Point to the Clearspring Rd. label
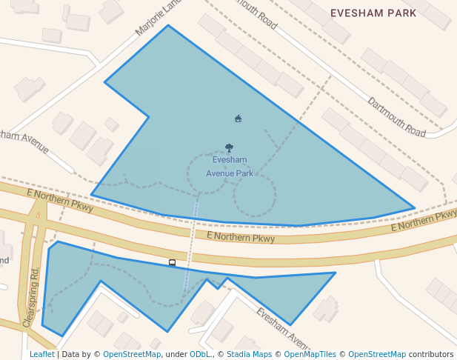[30, 297]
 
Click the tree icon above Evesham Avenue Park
[229, 148]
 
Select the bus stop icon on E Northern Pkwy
[173, 262]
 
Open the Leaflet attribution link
[41, 355]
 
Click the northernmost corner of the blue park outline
[168, 26]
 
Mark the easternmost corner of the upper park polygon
[414, 208]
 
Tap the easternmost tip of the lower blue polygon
[335, 273]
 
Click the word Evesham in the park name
[230, 160]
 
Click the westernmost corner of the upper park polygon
[92, 195]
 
